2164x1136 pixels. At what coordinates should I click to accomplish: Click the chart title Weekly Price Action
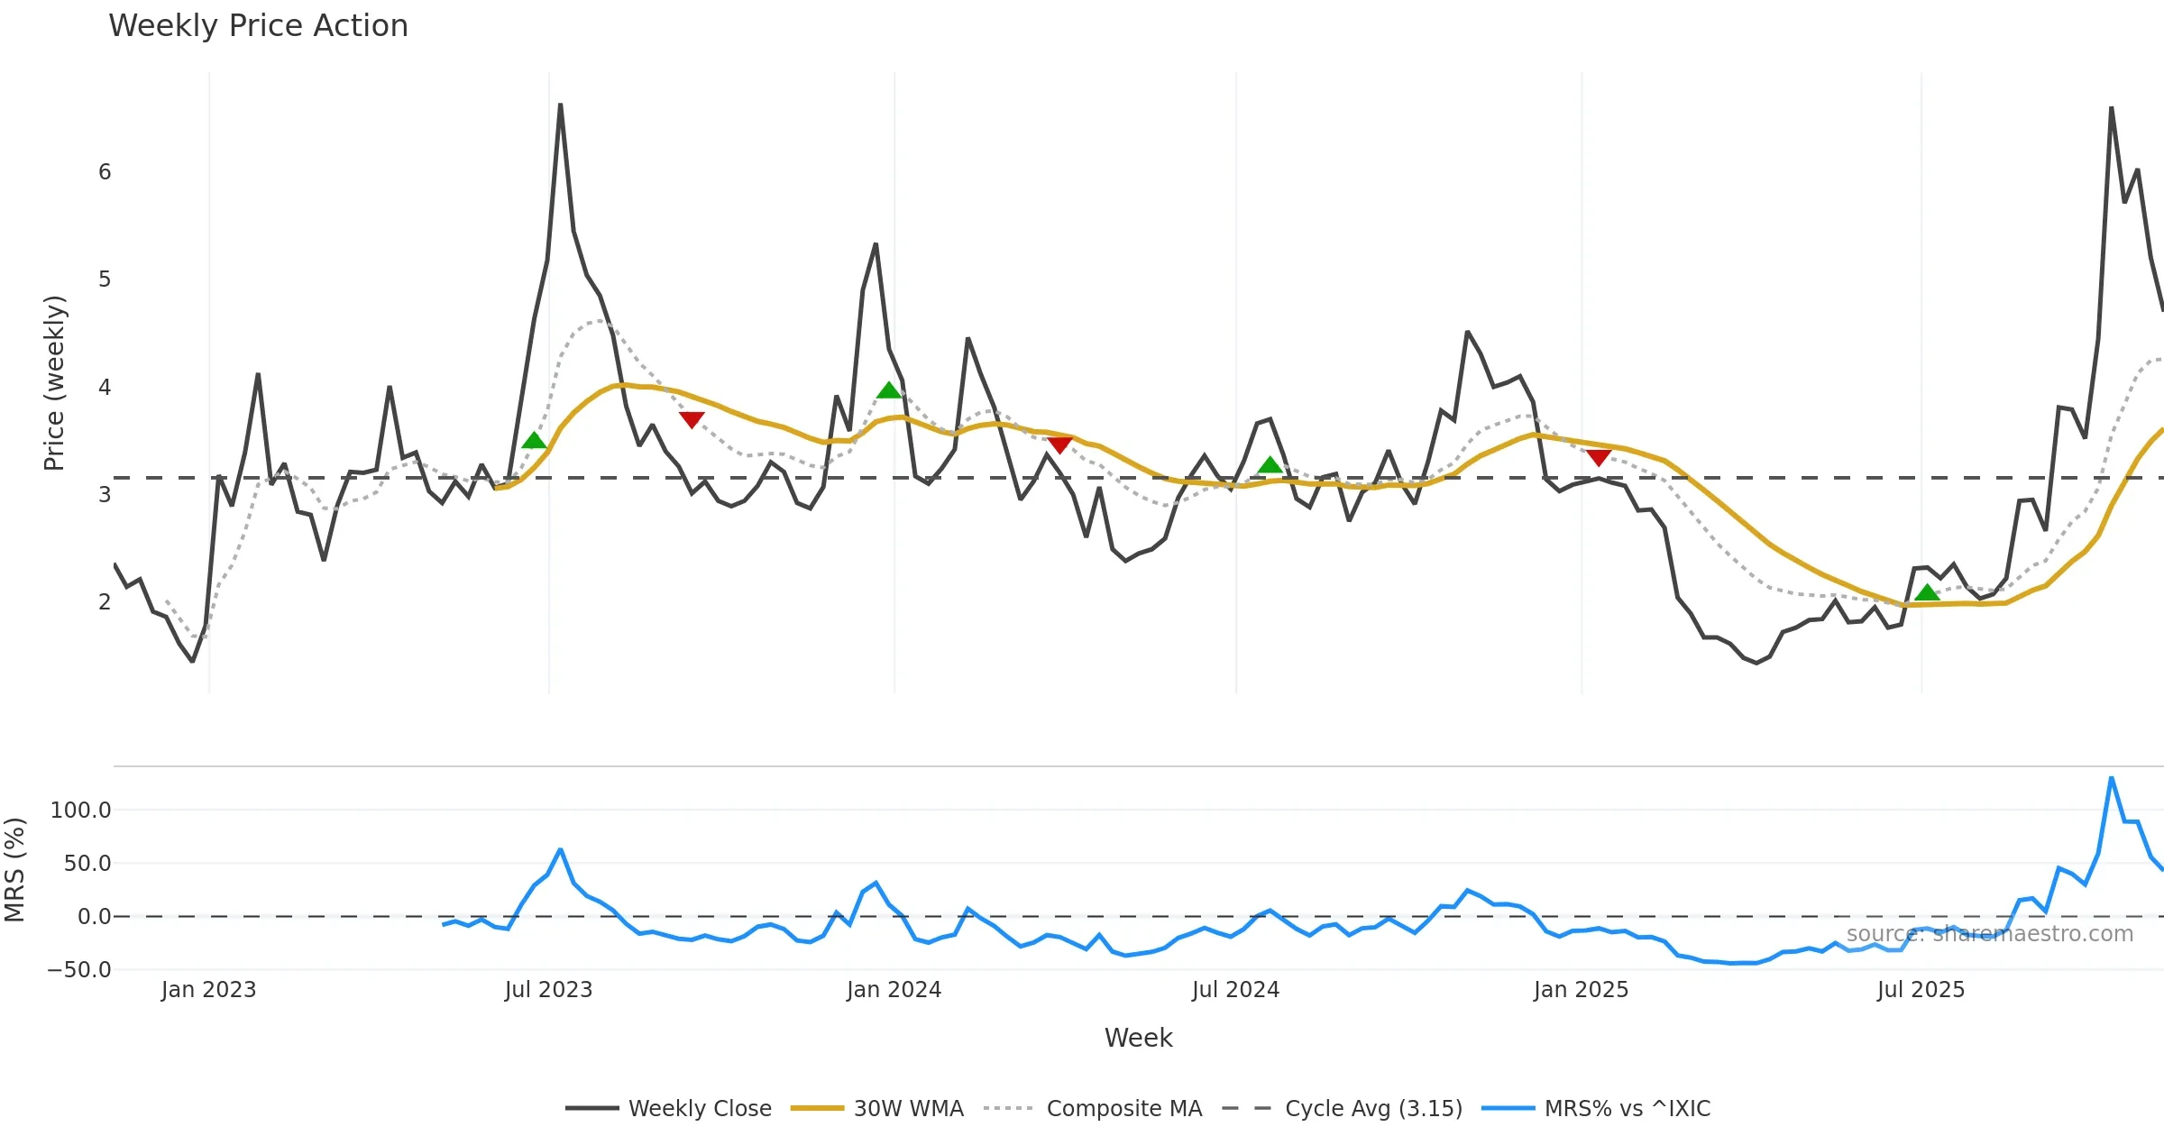258,26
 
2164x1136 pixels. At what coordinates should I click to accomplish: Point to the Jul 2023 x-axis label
548,990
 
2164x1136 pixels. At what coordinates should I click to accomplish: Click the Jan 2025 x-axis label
1581,990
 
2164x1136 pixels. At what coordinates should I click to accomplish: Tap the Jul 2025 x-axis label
1921,990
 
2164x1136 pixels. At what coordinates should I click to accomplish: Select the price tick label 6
105,172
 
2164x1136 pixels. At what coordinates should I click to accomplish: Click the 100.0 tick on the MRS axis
81,811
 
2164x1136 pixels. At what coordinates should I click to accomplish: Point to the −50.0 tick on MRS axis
79,970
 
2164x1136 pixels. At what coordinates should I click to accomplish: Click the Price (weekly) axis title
54,383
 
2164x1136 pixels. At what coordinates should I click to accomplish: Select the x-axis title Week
1138,1039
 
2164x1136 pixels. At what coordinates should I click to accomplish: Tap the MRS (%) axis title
15,870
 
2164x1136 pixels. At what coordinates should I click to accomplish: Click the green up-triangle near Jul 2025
1927,592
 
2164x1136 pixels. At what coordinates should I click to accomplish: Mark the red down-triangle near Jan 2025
1599,458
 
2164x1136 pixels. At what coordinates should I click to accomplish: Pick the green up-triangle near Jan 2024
889,390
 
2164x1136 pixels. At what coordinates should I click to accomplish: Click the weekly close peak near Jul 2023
560,105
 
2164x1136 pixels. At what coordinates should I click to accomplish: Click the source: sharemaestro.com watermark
1989,934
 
